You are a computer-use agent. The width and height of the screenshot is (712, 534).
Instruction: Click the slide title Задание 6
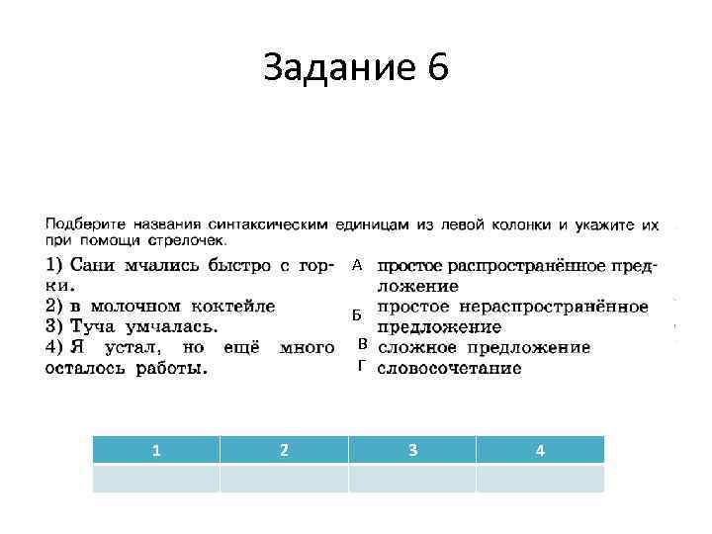click(356, 68)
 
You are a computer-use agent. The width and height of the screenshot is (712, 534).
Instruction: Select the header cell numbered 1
click(156, 450)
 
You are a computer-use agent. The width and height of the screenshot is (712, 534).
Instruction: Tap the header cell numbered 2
click(284, 450)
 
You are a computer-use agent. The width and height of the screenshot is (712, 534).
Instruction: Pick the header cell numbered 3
click(412, 450)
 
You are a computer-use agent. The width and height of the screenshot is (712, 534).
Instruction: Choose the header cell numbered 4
click(540, 450)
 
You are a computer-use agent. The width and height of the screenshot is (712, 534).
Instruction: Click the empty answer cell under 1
click(156, 479)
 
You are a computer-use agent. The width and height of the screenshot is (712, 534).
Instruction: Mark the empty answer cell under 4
click(540, 479)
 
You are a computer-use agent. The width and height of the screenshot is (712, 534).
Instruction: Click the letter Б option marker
click(357, 315)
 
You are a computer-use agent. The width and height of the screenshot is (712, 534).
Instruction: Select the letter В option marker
click(362, 344)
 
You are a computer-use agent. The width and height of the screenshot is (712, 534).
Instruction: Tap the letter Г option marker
click(362, 367)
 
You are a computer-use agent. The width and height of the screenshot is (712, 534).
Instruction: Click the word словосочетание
click(450, 368)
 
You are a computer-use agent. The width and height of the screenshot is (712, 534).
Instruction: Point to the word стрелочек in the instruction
click(190, 240)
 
